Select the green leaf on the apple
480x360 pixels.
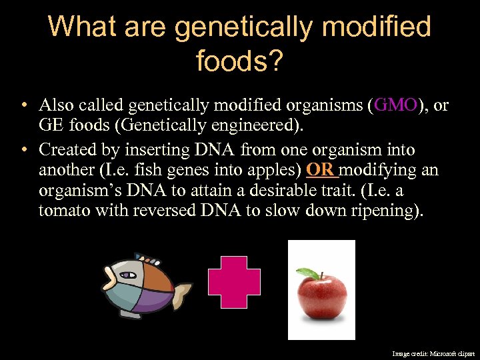(x=307, y=273)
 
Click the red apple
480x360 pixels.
(x=322, y=297)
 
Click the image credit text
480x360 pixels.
(x=433, y=353)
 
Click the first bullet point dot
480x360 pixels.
(x=24, y=105)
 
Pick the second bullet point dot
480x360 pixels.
(x=24, y=150)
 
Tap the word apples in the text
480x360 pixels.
(x=277, y=170)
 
